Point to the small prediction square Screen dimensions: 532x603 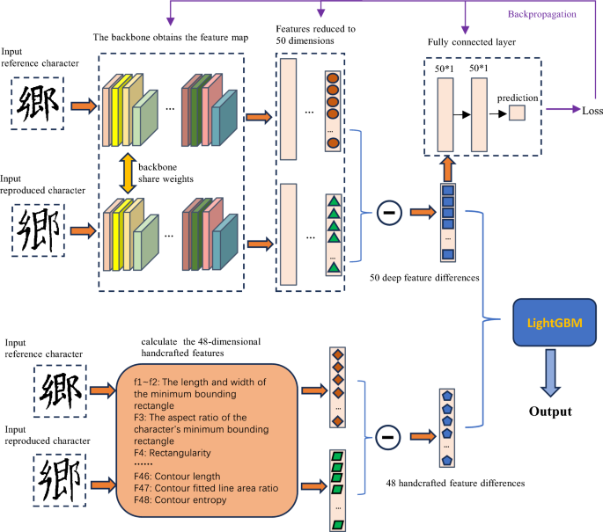pos(516,113)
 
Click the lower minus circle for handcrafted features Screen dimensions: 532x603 pos(386,435)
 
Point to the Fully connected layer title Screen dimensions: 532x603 pos(472,42)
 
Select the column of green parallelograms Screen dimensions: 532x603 pos(336,489)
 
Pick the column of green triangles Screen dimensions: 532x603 pos(333,230)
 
